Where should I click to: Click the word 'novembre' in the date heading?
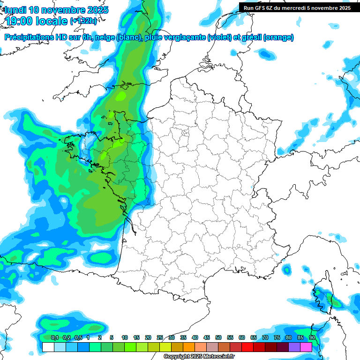pyautogui.click(x=61, y=10)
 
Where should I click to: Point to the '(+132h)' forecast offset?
pyautogui.click(x=83, y=21)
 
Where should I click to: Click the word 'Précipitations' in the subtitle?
pyautogui.click(x=30, y=37)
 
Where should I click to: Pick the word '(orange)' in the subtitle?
pyautogui.click(x=278, y=37)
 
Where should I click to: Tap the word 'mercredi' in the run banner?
pyautogui.click(x=293, y=7)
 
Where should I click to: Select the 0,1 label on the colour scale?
pyautogui.click(x=54, y=338)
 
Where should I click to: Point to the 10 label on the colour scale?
pyautogui.click(x=125, y=338)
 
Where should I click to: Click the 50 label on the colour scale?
pyautogui.click(x=218, y=338)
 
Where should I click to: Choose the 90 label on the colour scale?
pyautogui.click(x=312, y=338)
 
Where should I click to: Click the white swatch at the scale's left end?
pyautogui.click(x=48, y=347)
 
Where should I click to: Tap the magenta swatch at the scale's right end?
pyautogui.click(x=306, y=347)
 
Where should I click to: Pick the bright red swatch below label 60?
pyautogui.click(x=247, y=347)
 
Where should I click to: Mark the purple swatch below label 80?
pyautogui.click(x=294, y=347)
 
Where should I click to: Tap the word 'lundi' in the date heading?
pyautogui.click(x=15, y=10)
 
